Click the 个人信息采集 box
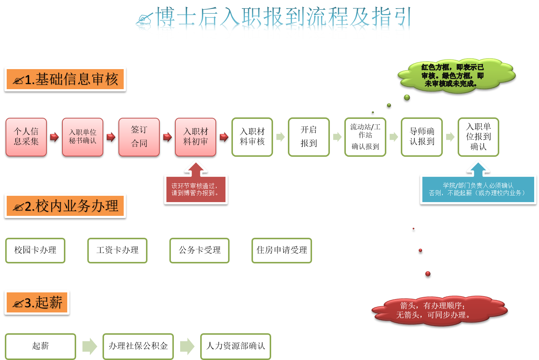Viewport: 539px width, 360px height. click(26, 137)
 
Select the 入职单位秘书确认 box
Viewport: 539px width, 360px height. click(82, 137)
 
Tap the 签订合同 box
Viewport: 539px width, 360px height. click(139, 137)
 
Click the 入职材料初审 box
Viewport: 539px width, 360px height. click(195, 137)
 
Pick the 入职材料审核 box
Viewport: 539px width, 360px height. click(252, 137)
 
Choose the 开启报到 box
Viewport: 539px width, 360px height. click(309, 137)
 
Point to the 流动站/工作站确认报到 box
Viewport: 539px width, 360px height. click(365, 137)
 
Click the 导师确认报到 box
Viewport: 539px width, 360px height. click(422, 137)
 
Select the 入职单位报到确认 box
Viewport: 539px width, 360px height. click(478, 137)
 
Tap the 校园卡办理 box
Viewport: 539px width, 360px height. click(35, 250)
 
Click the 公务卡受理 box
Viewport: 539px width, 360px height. click(199, 250)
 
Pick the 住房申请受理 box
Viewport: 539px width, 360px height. click(282, 250)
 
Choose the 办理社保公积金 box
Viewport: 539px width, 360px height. click(138, 346)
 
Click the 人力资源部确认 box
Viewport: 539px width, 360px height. click(236, 346)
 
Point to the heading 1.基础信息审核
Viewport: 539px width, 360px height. click(65, 79)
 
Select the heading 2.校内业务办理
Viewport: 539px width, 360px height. click(65, 206)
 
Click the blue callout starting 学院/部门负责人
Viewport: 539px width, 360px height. click(478, 189)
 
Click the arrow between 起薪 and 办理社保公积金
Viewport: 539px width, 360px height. click(90, 346)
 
